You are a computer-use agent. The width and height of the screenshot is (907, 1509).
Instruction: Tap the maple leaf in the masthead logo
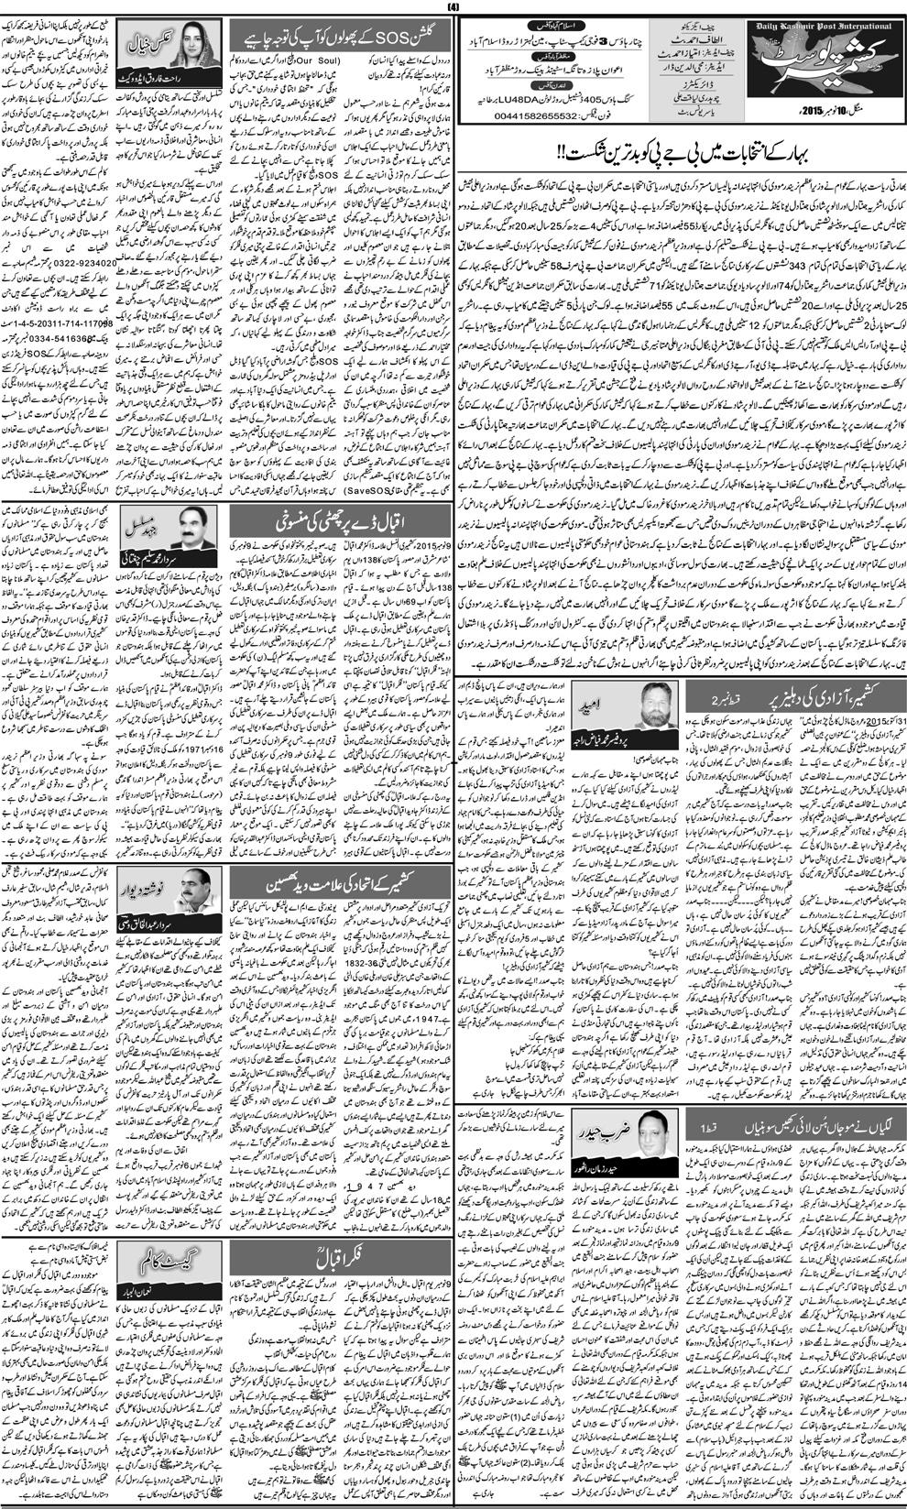(820, 96)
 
